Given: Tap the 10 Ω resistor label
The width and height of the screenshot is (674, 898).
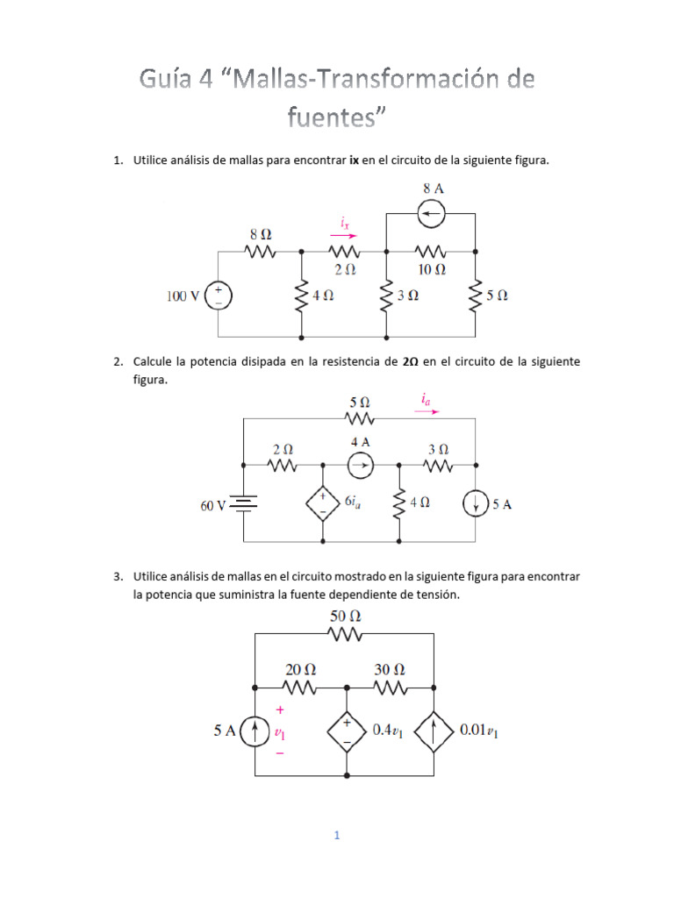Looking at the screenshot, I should click(x=430, y=268).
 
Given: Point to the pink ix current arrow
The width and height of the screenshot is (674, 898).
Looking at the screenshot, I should click(x=344, y=235).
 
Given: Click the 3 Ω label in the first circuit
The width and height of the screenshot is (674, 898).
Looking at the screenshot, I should click(x=408, y=296).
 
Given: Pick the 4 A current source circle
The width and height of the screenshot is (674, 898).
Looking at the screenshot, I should click(x=360, y=466).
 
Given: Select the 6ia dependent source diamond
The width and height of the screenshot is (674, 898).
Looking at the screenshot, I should click(x=321, y=503).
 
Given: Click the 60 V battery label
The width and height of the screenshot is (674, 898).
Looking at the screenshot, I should click(x=213, y=505).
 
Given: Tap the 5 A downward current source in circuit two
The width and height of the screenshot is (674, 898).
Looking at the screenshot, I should click(x=476, y=504).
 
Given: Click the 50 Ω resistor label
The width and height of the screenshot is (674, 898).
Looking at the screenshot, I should click(x=345, y=616).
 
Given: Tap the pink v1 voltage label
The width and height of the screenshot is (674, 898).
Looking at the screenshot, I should click(x=279, y=731).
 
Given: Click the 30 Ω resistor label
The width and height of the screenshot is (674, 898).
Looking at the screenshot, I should click(x=390, y=668).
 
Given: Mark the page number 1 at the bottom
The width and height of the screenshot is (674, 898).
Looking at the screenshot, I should click(x=336, y=836).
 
